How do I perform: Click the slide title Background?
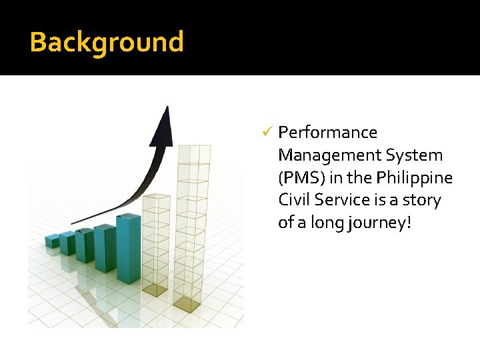point(107,41)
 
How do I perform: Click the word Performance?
point(327,133)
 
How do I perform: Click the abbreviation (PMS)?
point(303,178)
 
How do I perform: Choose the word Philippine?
point(415,178)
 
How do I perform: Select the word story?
point(421,200)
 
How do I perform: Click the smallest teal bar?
point(52,241)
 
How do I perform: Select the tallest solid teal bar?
point(129,248)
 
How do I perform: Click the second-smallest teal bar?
point(67,243)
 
